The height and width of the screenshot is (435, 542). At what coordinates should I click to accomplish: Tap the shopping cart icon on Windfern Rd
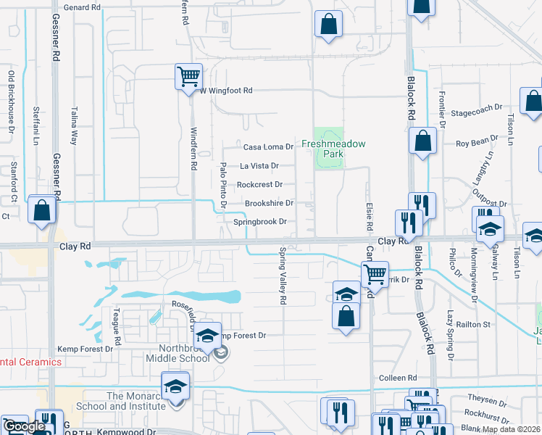pos(188,75)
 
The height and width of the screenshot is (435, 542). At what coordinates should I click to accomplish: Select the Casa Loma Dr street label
pos(268,146)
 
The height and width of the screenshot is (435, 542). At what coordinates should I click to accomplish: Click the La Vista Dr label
pos(259,165)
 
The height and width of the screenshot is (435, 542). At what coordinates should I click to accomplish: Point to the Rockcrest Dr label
pos(259,185)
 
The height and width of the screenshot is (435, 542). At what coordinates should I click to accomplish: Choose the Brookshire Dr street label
pos(269,204)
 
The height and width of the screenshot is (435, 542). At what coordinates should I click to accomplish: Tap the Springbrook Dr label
pos(264,222)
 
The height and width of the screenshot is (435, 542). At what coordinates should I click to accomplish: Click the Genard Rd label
pos(82,7)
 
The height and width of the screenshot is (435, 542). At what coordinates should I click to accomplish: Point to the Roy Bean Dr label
pos(477,140)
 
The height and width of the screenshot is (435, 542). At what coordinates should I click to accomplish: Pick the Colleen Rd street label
pos(398,378)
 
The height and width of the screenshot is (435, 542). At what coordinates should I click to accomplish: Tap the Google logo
pos(24,426)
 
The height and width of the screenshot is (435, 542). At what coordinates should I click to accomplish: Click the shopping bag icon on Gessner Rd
pos(42,210)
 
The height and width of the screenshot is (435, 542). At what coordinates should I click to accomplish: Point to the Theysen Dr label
pos(487,400)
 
